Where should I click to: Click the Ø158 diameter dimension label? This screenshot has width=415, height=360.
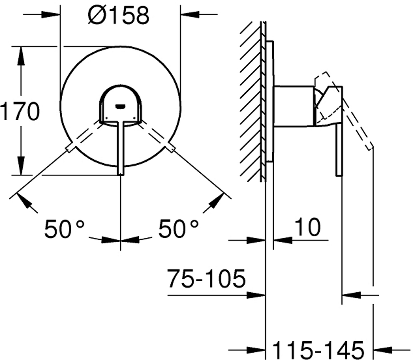(x=119, y=16)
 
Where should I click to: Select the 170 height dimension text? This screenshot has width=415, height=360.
(x=20, y=111)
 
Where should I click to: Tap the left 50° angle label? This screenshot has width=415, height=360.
(x=64, y=228)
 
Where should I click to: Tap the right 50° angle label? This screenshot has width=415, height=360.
(x=178, y=228)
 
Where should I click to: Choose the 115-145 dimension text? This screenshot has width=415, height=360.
(x=318, y=350)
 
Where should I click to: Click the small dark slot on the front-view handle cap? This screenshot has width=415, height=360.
(x=120, y=106)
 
